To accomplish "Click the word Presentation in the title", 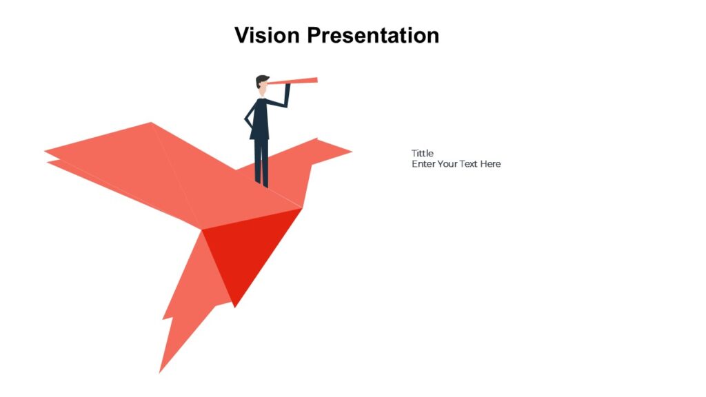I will tap(372, 34).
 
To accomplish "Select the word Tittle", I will tap(423, 153).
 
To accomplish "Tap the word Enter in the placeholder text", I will tap(423, 164).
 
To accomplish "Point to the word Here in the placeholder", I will tap(491, 164).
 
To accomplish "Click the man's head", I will tap(262, 85).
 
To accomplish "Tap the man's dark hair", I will tap(261, 79).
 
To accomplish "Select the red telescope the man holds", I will tap(293, 83).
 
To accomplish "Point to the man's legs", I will tap(261, 160).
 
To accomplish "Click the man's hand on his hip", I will tap(248, 125).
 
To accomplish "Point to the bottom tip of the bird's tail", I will tap(161, 371).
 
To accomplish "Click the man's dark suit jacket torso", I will tap(260, 119).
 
